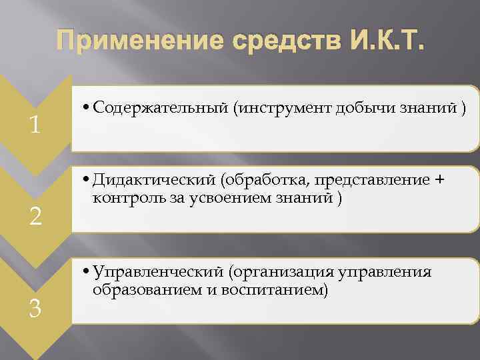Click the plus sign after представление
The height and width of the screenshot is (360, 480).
coord(439,181)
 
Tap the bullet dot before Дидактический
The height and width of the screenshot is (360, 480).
coord(87,182)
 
